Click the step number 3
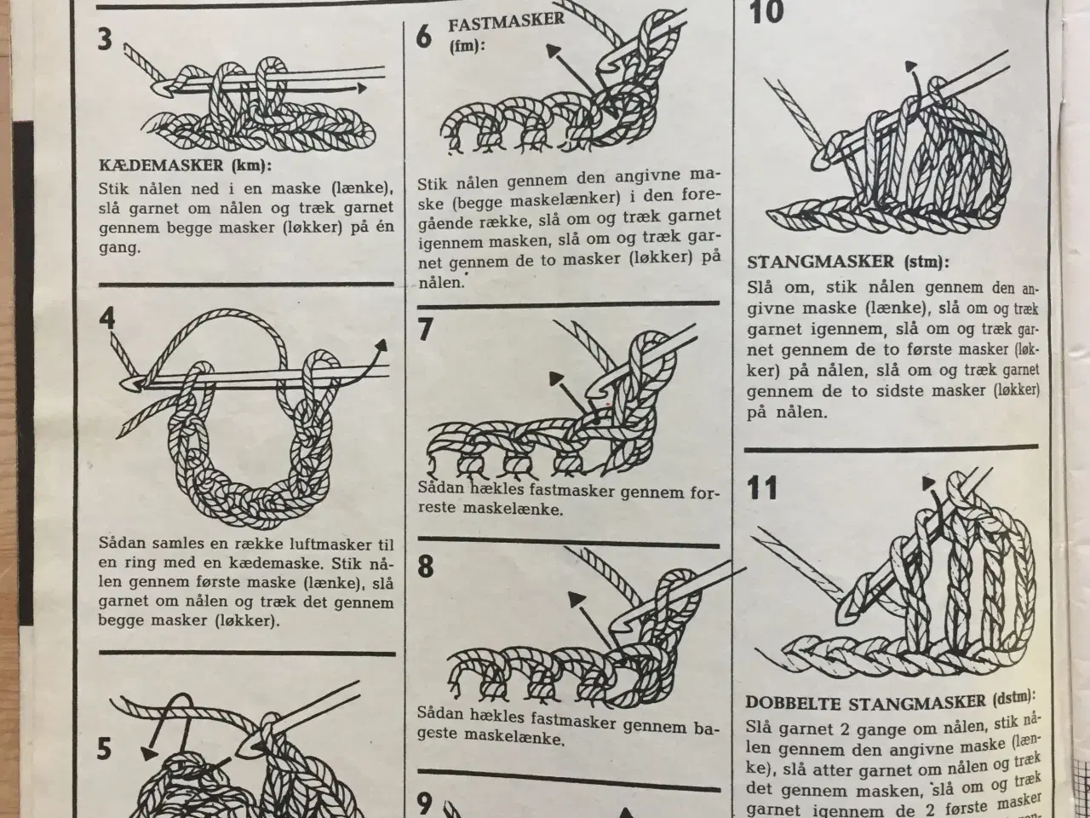(105, 41)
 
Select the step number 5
(104, 749)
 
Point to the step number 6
(424, 38)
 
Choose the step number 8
(426, 567)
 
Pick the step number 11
(762, 488)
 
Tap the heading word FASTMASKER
(506, 21)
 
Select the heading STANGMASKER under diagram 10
(820, 262)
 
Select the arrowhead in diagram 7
(557, 377)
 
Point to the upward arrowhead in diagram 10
(912, 66)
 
